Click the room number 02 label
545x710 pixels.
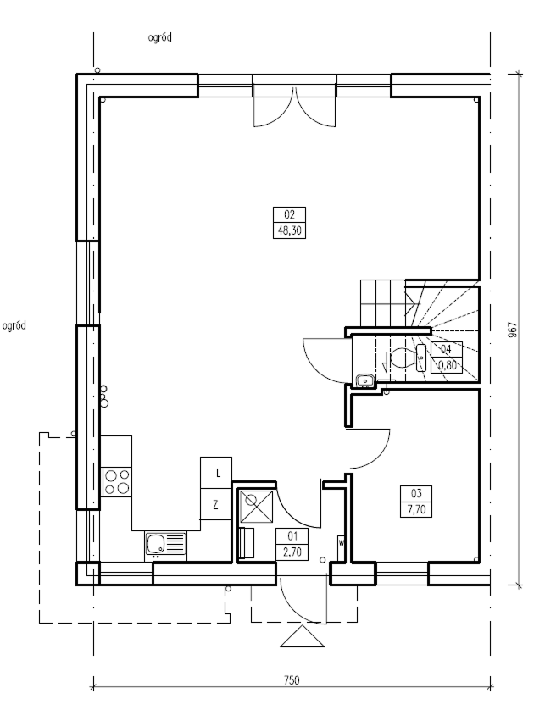click(289, 214)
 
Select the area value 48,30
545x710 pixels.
click(289, 231)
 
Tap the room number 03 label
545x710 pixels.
click(416, 493)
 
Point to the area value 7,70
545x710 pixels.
click(416, 509)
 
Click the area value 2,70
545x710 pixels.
click(292, 552)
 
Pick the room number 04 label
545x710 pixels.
click(446, 349)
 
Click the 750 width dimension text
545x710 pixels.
click(292, 680)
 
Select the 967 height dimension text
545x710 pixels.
click(512, 330)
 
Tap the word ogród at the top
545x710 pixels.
click(159, 37)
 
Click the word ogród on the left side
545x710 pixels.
click(14, 325)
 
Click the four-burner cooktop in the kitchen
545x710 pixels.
click(117, 482)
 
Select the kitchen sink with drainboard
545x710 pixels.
click(166, 544)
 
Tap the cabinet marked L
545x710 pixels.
click(216, 473)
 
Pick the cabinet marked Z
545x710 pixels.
click(216, 504)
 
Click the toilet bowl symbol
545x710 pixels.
click(402, 358)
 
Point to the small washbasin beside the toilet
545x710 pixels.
click(364, 380)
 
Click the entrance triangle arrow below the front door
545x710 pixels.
click(303, 636)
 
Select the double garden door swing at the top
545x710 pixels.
click(294, 108)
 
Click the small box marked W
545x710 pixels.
click(341, 543)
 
